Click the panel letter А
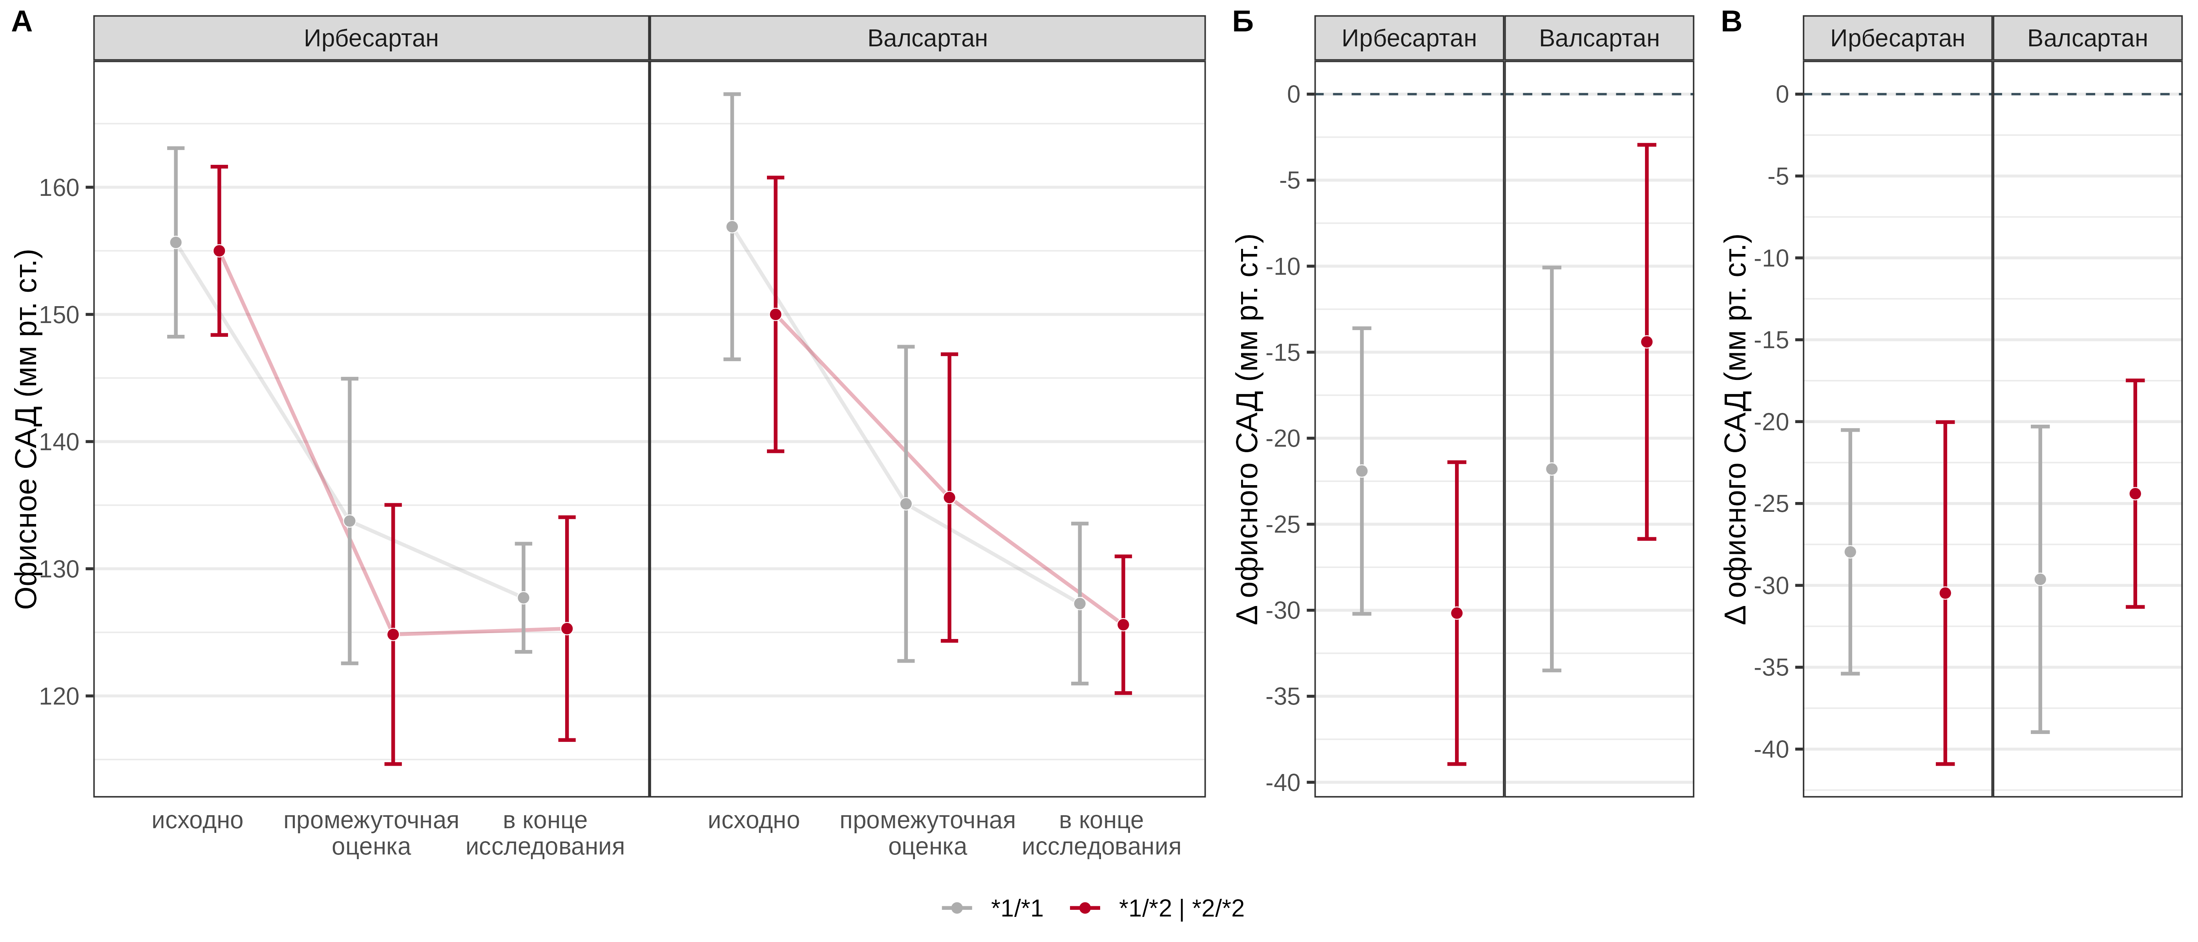click(22, 22)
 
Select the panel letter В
click(1731, 22)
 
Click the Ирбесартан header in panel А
click(371, 38)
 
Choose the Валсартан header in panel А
click(927, 38)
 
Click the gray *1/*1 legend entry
click(994, 908)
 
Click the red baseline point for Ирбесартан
click(219, 251)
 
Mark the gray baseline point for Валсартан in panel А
click(732, 227)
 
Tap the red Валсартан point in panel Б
click(1647, 342)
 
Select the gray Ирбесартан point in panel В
click(1850, 552)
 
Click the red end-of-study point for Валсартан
click(1123, 624)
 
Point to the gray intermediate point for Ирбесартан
click(350, 521)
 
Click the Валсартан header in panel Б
click(1599, 38)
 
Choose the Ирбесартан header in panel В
click(1898, 38)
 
